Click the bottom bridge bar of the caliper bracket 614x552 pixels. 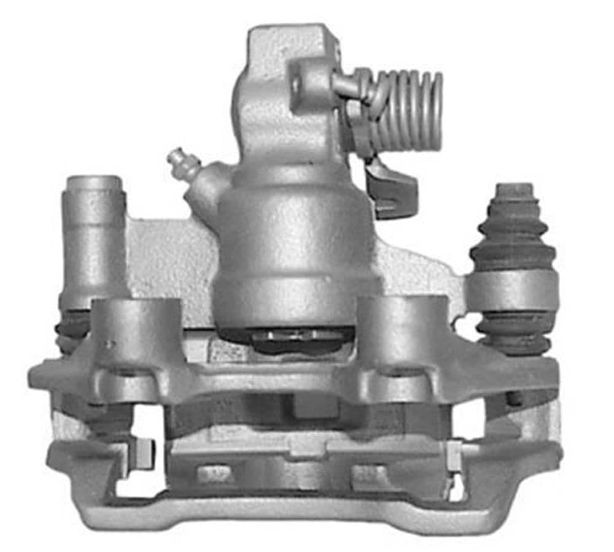295,515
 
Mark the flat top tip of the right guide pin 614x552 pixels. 515,188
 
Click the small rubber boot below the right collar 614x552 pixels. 513,334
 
